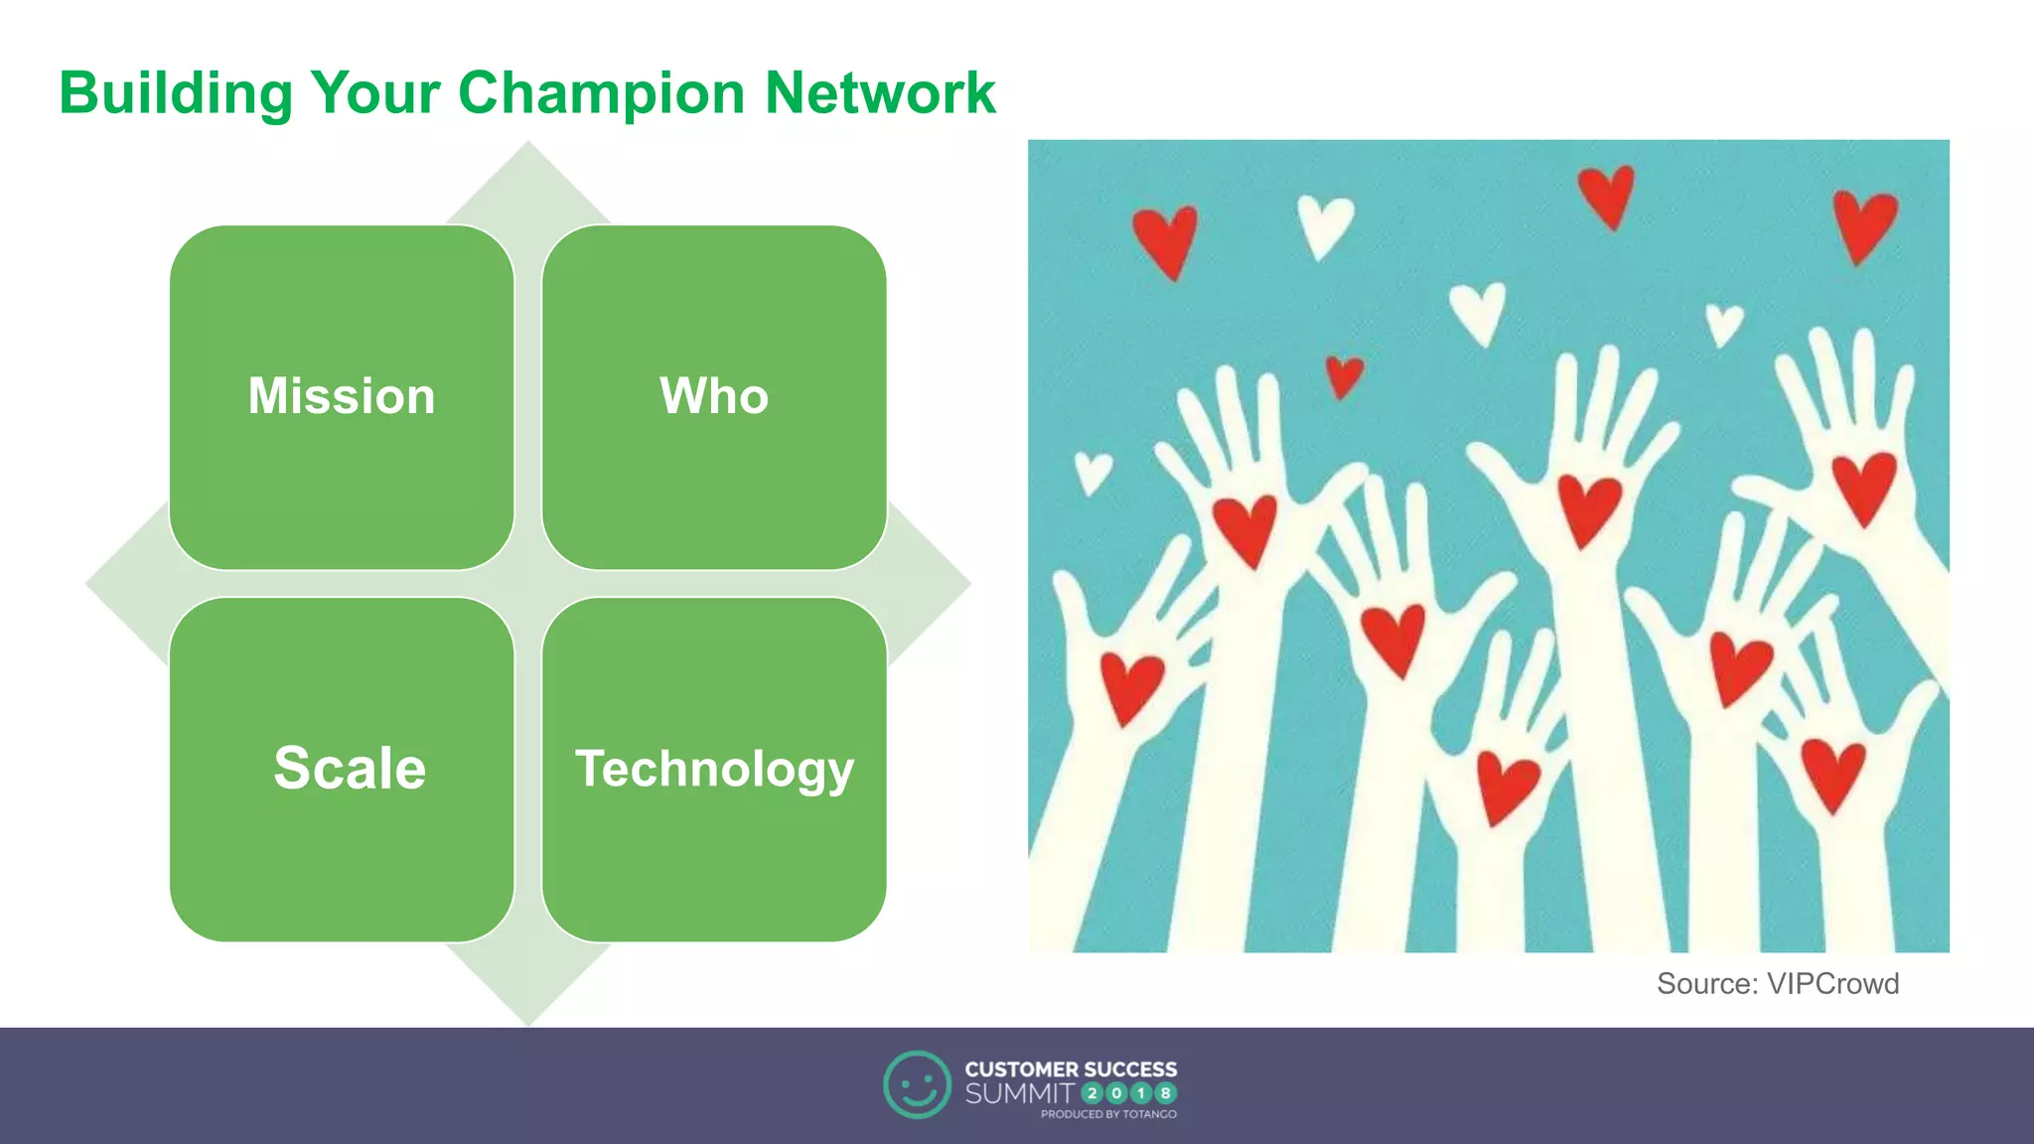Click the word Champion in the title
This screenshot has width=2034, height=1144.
[601, 94]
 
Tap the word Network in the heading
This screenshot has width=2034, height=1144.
[880, 94]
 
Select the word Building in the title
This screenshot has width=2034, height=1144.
[176, 94]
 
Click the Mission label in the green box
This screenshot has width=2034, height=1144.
[342, 396]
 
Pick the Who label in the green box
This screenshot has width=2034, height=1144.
[714, 396]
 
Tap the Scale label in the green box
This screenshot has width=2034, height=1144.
[350, 769]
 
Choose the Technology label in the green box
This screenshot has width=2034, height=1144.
[714, 770]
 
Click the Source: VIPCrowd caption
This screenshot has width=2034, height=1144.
[1777, 984]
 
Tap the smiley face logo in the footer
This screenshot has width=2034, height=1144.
[917, 1084]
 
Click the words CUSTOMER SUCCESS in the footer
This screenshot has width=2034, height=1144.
[1071, 1070]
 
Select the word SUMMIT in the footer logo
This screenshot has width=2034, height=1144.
[1019, 1094]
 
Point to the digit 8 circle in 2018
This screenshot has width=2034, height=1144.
[1166, 1093]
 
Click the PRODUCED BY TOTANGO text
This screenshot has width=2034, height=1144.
[1108, 1114]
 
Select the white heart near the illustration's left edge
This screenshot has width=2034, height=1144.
[1092, 473]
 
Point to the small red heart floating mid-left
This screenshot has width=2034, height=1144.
[1345, 376]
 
